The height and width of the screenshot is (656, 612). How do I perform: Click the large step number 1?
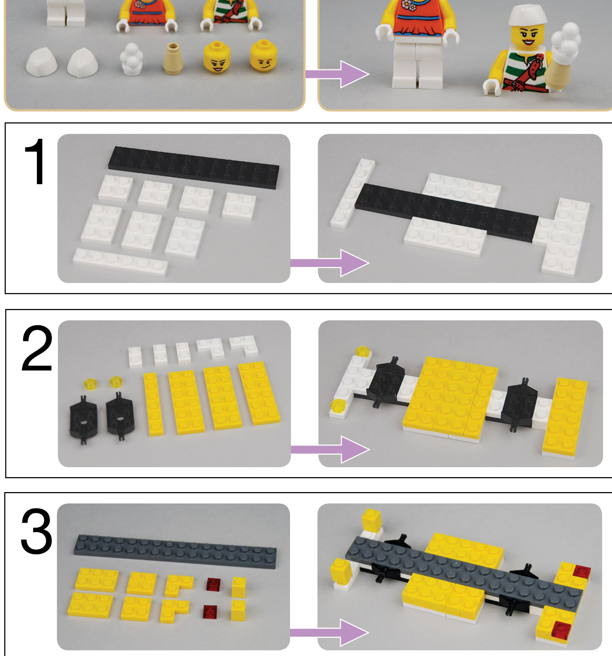[x=36, y=162]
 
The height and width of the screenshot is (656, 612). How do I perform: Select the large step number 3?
[x=37, y=532]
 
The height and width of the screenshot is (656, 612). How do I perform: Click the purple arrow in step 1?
[x=330, y=263]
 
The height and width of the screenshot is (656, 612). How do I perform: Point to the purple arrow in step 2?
[x=330, y=449]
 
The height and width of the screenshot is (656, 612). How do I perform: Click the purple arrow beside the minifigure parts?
[x=337, y=74]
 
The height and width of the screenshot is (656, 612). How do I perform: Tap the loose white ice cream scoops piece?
[x=131, y=58]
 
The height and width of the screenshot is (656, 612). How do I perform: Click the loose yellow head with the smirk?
[x=263, y=57]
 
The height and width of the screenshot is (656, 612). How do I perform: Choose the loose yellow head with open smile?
[x=217, y=58]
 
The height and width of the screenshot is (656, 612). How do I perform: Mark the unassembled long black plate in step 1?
[x=194, y=167]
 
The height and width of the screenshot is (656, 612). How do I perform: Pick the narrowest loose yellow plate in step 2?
[x=153, y=404]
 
